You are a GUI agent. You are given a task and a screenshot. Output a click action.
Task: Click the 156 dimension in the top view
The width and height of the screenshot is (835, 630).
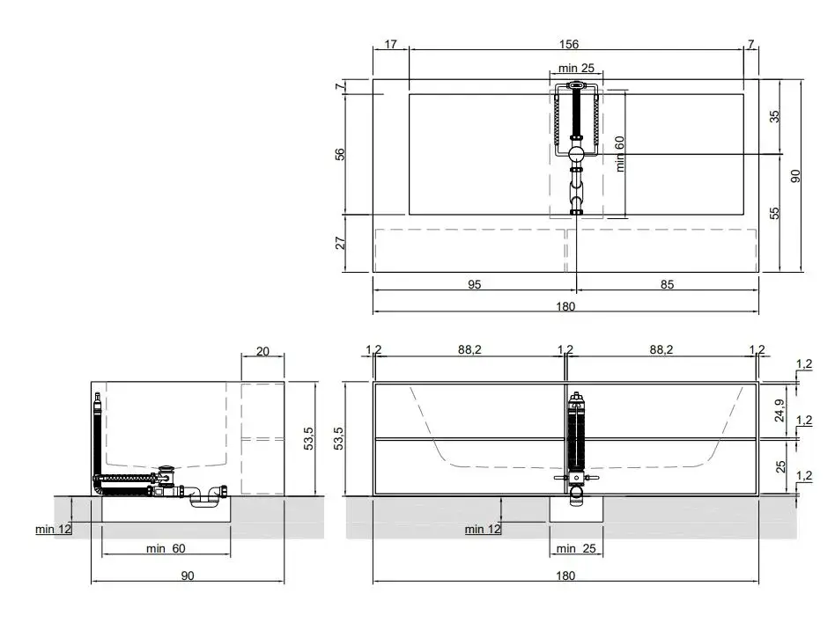[569, 44]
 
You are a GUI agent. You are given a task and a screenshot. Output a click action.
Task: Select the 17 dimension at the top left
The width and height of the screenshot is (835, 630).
[390, 44]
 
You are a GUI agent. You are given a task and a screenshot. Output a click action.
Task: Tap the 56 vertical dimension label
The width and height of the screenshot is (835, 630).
[340, 154]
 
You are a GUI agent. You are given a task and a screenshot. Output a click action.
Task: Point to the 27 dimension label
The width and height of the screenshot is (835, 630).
[340, 243]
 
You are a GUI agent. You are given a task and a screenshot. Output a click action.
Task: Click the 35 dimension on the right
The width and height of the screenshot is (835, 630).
[774, 116]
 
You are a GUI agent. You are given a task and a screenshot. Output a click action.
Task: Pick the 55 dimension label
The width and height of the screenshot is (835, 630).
[774, 213]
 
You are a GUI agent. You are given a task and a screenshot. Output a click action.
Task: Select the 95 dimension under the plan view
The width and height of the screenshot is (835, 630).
[475, 285]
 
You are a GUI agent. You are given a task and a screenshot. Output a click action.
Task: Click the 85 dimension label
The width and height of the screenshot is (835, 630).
[668, 285]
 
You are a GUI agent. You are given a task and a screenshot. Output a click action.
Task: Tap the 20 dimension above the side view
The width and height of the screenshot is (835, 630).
[262, 351]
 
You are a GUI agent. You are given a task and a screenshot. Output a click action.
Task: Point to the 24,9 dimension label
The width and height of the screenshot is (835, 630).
[780, 410]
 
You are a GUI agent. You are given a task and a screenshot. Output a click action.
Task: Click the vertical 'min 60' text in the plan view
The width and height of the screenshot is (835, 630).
[619, 154]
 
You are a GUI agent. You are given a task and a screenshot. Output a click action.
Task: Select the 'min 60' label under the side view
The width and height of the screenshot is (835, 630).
[166, 548]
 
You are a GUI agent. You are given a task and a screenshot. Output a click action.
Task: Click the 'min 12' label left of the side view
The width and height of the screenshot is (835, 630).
[53, 530]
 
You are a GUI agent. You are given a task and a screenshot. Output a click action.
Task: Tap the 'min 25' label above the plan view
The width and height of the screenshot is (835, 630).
[576, 68]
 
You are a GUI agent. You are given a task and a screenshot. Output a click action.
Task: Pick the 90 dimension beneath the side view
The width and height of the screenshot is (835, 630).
[188, 575]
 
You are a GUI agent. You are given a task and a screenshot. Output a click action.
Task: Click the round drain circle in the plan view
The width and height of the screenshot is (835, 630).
[576, 154]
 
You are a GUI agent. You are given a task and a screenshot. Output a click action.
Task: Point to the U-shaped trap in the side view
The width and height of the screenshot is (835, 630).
[204, 497]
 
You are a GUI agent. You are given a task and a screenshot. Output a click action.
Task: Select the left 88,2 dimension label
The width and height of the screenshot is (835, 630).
[469, 349]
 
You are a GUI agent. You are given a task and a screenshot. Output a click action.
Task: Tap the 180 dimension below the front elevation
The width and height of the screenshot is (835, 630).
[565, 575]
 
